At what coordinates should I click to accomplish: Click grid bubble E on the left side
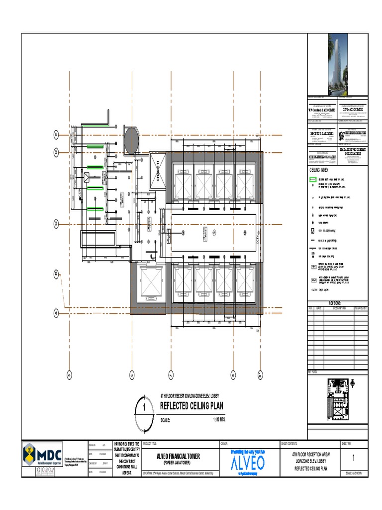[56, 135]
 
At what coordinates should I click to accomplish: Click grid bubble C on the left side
[56, 223]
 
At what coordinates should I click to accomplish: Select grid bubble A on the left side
[56, 313]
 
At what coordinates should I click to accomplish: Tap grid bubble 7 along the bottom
[171, 375]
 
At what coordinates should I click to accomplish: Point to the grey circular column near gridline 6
[132, 140]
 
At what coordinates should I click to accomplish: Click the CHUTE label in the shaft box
[158, 172]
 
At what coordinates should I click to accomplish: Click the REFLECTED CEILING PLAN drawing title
[191, 406]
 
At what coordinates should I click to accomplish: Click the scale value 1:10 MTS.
[219, 420]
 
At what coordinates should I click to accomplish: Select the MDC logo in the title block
[43, 454]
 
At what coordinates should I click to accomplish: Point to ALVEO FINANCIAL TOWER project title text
[178, 456]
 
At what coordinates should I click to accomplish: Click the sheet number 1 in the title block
[353, 458]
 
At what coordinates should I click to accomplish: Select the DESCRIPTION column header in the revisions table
[339, 308]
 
